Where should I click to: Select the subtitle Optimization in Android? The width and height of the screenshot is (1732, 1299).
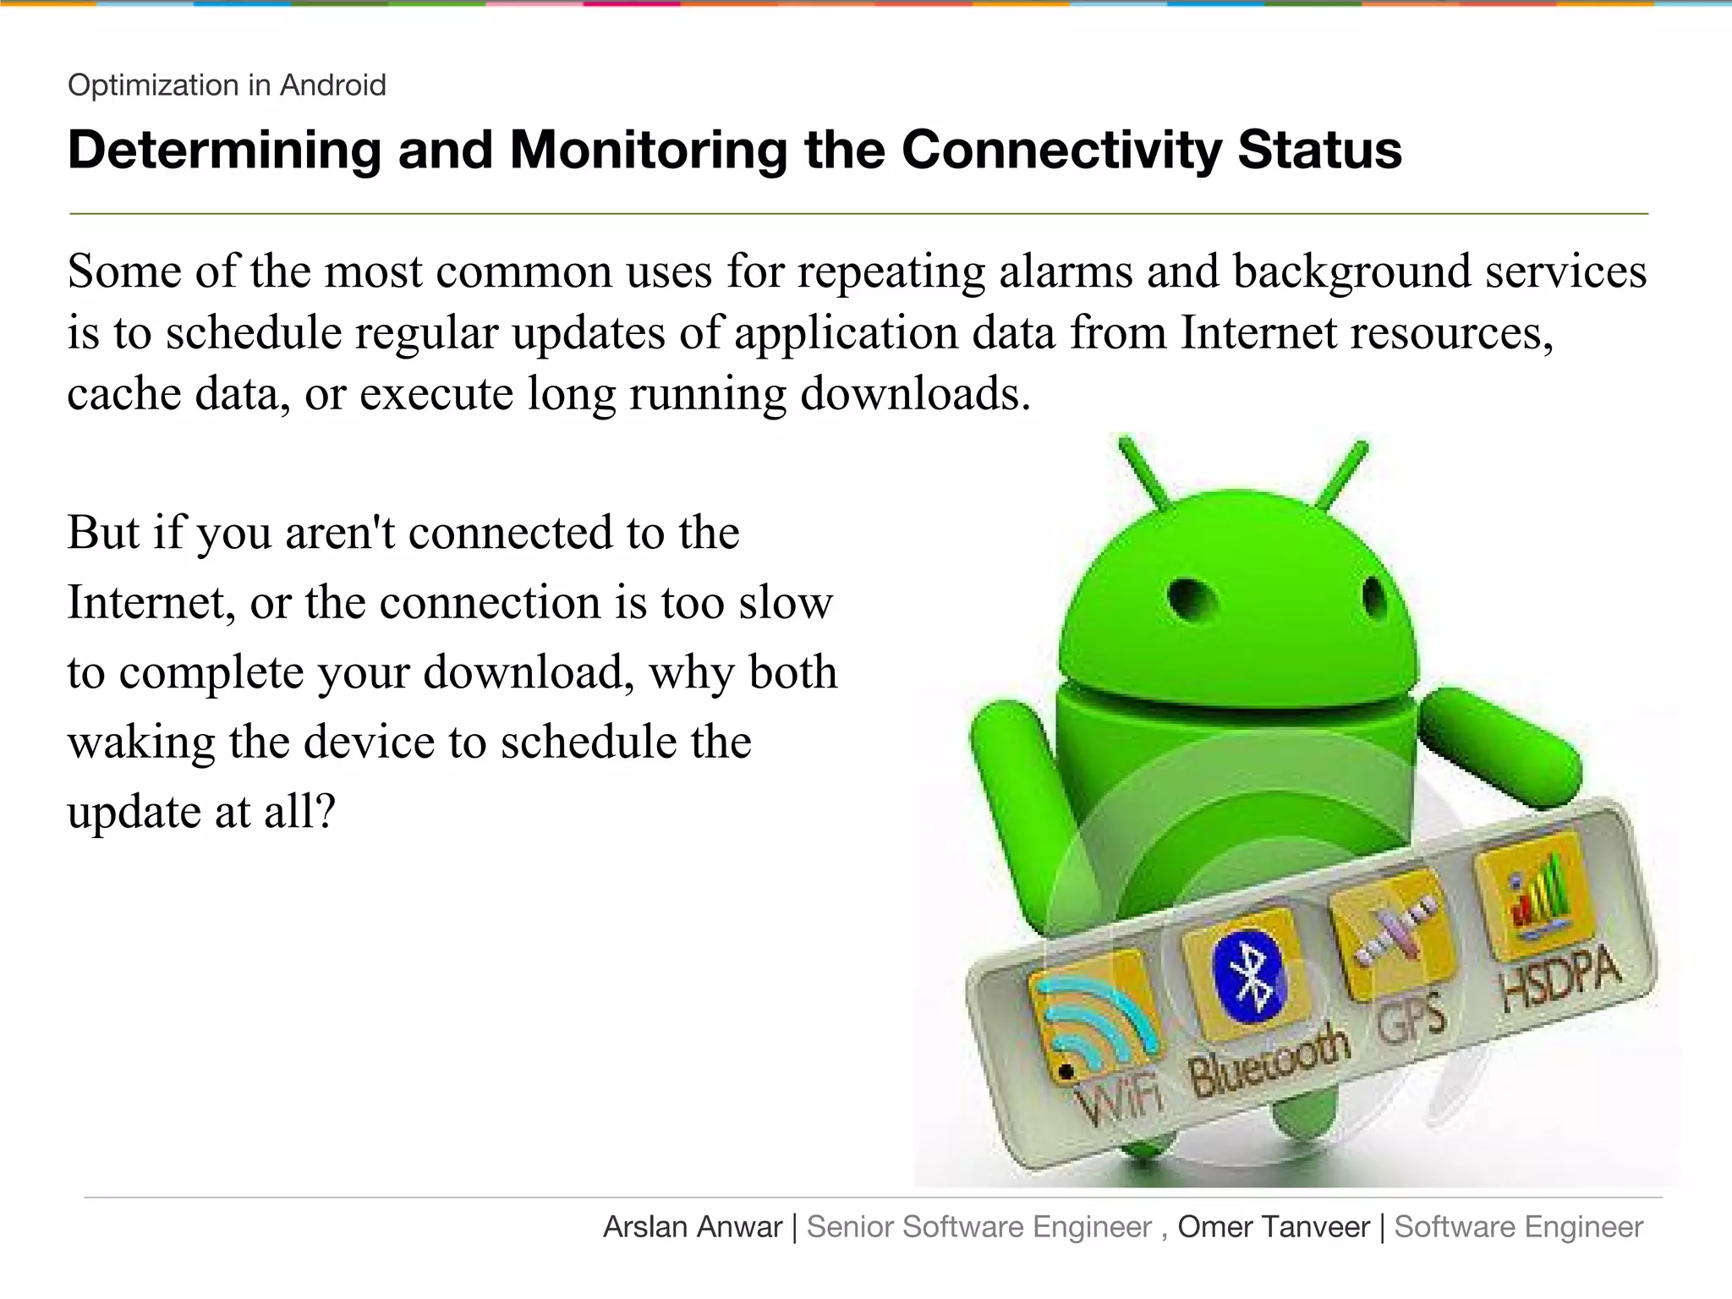coord(227,85)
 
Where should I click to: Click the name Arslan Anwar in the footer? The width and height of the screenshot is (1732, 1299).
coord(693,1227)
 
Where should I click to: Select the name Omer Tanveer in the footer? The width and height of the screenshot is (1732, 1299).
coord(1273,1227)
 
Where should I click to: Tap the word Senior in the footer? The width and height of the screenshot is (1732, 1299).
coord(850,1227)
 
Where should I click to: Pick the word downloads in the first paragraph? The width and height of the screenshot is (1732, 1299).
coord(915,394)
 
